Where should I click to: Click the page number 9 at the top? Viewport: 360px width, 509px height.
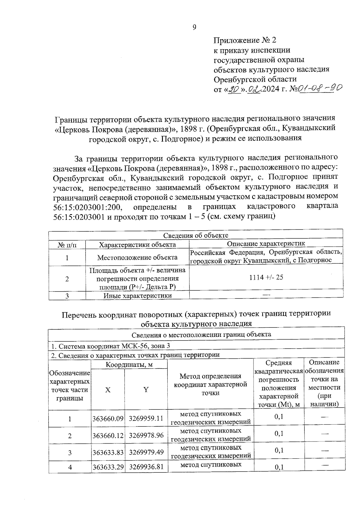[x=194, y=27]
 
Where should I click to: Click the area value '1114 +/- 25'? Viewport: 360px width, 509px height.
[x=266, y=277]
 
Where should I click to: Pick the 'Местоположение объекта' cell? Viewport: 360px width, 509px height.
[x=137, y=257]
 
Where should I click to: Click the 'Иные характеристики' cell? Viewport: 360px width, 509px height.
[x=137, y=296]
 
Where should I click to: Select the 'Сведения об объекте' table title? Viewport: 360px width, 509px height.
[x=196, y=235]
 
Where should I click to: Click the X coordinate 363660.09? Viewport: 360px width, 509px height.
[x=108, y=418]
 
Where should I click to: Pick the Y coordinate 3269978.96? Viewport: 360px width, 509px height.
[x=146, y=435]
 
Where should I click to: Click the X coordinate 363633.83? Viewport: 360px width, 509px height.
[x=108, y=452]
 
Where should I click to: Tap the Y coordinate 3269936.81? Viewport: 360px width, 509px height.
[x=146, y=467]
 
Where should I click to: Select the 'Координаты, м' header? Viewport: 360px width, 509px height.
[x=129, y=365]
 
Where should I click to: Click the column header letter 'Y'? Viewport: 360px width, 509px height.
[x=146, y=390]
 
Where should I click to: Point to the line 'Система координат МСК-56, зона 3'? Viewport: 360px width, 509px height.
[x=111, y=346]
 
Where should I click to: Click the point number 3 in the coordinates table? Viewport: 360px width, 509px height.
[x=70, y=452]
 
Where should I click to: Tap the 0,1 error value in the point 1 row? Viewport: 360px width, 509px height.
[x=279, y=417]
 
